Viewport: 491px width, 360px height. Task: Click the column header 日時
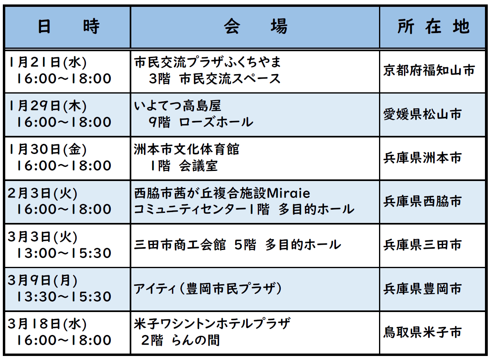click(x=69, y=27)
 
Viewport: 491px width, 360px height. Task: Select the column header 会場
click(x=255, y=27)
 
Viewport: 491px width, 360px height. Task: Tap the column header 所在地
click(x=433, y=27)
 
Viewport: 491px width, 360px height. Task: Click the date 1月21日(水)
click(x=48, y=62)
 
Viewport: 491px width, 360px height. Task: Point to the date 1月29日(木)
click(x=48, y=106)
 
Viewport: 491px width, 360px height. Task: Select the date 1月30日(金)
click(x=48, y=149)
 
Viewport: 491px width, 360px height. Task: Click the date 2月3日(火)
click(x=43, y=193)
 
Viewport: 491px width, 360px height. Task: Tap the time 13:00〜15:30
click(x=64, y=253)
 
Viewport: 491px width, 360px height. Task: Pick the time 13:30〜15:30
click(x=64, y=297)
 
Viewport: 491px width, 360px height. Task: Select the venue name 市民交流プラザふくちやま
click(x=207, y=62)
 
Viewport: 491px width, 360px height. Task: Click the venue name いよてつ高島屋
click(x=178, y=106)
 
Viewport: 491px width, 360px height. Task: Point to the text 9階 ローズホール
click(x=201, y=122)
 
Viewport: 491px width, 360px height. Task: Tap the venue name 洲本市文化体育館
click(x=186, y=149)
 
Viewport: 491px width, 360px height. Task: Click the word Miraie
click(x=288, y=193)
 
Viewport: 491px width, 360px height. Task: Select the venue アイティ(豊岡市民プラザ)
click(x=208, y=289)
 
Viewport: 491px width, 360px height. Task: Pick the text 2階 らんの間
click(x=180, y=340)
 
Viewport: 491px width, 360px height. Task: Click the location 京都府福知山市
click(x=429, y=71)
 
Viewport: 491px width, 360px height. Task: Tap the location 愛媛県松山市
click(x=423, y=114)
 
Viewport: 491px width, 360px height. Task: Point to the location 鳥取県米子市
click(x=423, y=332)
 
